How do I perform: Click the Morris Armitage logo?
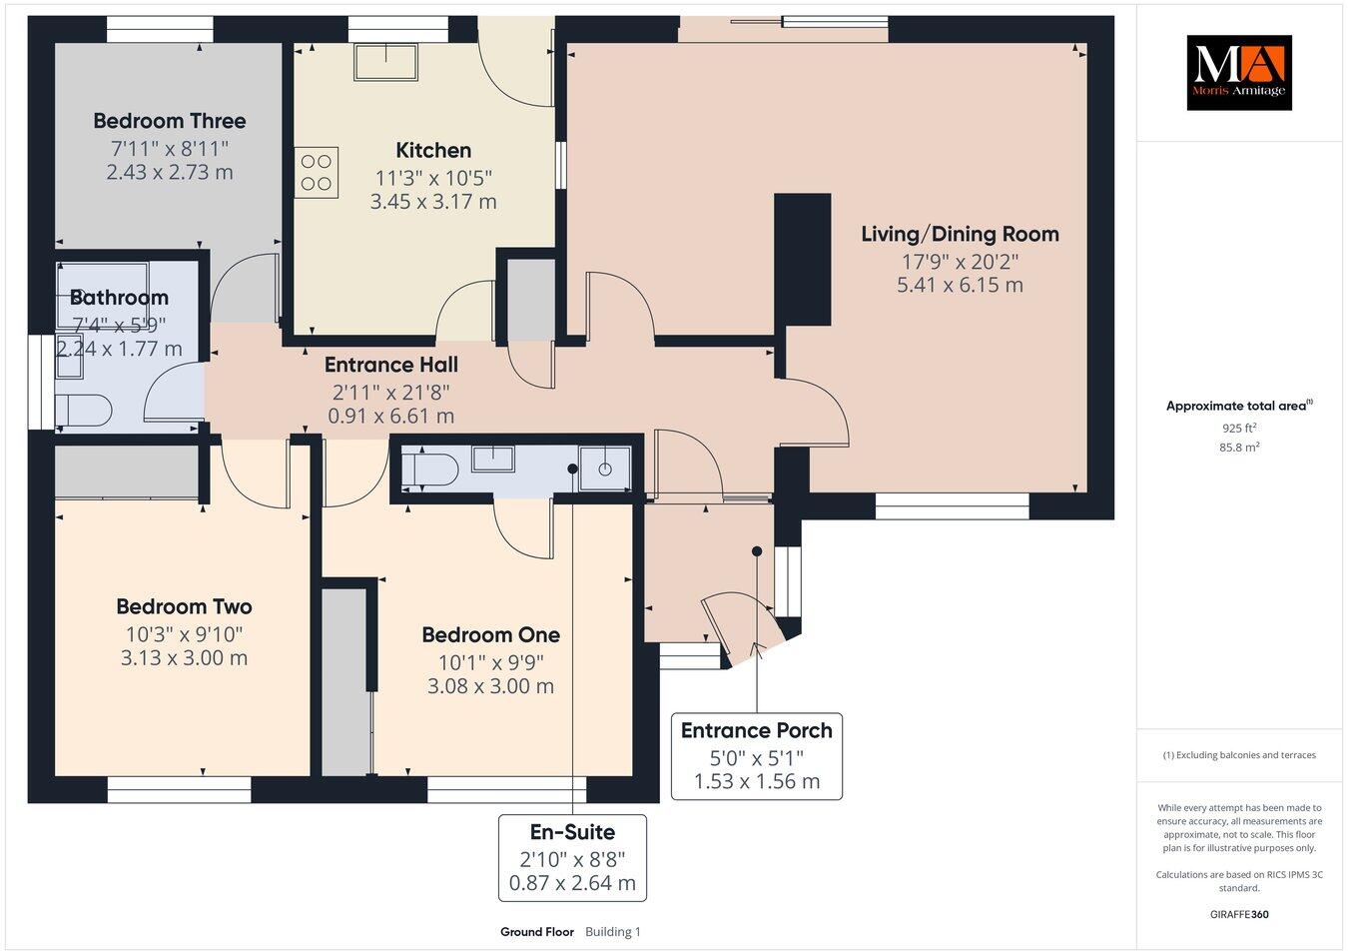[1238, 73]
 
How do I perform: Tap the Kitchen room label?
[433, 151]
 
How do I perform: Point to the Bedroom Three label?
[169, 121]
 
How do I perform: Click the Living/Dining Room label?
[960, 234]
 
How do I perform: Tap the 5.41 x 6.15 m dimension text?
[960, 285]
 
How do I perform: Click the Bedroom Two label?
[184, 606]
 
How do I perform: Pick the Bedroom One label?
[490, 634]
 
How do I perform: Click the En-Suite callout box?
[572, 858]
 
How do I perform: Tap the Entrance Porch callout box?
[757, 755]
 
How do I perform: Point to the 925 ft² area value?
[1238, 428]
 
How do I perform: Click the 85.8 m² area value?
[1238, 448]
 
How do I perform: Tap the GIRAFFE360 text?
[1238, 914]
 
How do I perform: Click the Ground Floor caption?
[537, 932]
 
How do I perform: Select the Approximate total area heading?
[1238, 406]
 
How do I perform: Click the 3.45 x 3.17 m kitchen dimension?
[433, 202]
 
